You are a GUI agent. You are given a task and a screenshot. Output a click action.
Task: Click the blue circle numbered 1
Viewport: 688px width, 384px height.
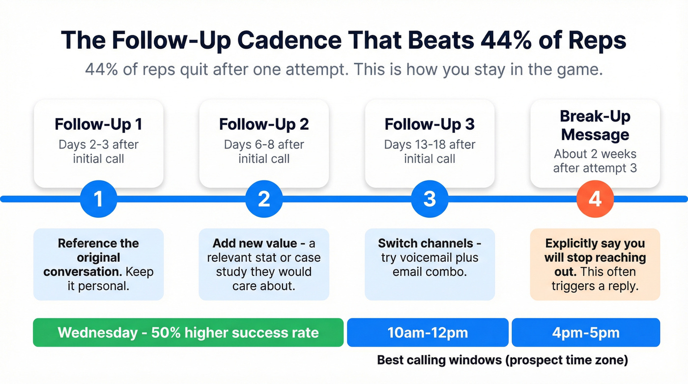pyautogui.click(x=98, y=199)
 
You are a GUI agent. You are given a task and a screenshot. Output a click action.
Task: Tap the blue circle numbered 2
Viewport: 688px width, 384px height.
pyautogui.click(x=264, y=199)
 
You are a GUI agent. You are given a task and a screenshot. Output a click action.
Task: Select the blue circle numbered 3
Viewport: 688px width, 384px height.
pyautogui.click(x=430, y=199)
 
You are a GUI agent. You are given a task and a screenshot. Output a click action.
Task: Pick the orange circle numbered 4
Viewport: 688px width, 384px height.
pyautogui.click(x=595, y=199)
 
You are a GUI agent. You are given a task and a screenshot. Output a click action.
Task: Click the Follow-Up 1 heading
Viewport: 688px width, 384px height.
pyautogui.click(x=98, y=124)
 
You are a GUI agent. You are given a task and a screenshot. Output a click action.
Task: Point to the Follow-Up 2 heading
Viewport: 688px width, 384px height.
pyautogui.click(x=264, y=124)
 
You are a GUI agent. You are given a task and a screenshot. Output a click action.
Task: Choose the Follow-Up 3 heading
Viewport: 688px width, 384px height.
pyautogui.click(x=430, y=124)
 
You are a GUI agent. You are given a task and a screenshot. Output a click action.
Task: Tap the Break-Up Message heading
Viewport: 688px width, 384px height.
pyautogui.click(x=595, y=125)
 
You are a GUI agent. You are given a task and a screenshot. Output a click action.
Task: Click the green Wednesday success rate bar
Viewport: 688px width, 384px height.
pyautogui.click(x=188, y=332)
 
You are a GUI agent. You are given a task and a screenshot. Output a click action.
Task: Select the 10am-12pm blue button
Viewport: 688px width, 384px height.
pyautogui.click(x=428, y=332)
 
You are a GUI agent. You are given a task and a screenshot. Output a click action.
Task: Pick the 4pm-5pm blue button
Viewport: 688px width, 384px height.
pyautogui.click(x=585, y=332)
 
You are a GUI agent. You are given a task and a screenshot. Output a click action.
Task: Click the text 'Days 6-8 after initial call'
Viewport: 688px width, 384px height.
pyautogui.click(x=264, y=151)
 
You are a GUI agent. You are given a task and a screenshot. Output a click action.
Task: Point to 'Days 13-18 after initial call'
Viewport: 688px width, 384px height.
pyautogui.click(x=430, y=151)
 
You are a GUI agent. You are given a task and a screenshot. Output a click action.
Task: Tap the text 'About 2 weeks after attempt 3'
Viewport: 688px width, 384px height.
pyautogui.click(x=595, y=161)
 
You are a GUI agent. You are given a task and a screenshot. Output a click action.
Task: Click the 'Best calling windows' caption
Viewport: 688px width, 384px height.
pyautogui.click(x=502, y=360)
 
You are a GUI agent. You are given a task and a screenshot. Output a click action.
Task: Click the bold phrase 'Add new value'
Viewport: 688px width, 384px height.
pyautogui.click(x=255, y=243)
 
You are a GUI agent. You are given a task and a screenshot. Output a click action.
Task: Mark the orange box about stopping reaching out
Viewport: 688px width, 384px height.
pyautogui.click(x=595, y=264)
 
